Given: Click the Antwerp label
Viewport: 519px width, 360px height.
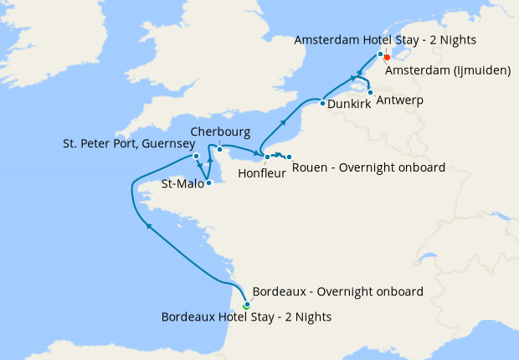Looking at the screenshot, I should [400, 100].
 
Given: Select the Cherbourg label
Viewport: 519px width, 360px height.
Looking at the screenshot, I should [219, 132].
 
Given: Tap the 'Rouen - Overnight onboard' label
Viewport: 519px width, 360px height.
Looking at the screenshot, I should [368, 167].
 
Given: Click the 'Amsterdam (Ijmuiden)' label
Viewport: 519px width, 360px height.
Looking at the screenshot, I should [448, 70].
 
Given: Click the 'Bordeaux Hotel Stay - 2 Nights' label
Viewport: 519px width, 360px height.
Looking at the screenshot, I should [246, 316].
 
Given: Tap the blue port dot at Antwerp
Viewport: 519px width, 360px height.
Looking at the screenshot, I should [370, 92].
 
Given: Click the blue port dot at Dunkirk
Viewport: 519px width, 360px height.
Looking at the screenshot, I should [323, 104].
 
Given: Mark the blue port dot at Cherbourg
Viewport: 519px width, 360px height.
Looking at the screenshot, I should [219, 149].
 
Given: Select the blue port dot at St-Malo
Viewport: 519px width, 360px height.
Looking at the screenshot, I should [209, 183].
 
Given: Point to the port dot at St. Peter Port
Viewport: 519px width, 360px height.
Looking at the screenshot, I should [196, 156].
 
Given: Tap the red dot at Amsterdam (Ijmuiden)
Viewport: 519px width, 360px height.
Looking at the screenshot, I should [387, 58].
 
